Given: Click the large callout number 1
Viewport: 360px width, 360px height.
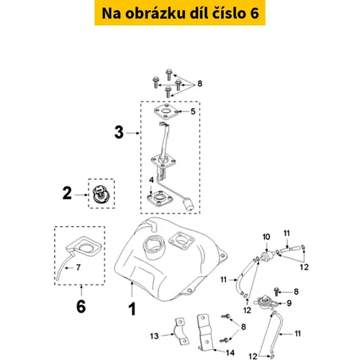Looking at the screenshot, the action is click(132, 309).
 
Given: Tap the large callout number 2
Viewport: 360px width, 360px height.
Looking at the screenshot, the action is click(67, 193).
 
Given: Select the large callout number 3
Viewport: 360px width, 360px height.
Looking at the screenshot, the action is click(119, 132).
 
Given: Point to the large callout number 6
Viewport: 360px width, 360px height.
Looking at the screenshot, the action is click(81, 307).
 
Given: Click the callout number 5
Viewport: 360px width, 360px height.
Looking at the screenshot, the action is click(193, 112).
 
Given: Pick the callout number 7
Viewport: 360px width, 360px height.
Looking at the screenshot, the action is click(78, 267).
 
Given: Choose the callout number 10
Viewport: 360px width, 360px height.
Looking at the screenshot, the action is click(266, 237).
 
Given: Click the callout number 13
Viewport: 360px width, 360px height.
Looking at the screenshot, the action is click(154, 336).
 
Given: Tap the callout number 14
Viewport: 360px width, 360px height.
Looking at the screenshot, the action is click(230, 353).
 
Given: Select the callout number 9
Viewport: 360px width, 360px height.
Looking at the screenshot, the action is click(289, 303).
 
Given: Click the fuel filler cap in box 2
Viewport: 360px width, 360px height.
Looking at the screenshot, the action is click(101, 194).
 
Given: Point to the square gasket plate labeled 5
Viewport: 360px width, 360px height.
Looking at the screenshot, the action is click(166, 111).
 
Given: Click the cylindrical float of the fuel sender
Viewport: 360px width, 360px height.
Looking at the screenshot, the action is click(189, 204).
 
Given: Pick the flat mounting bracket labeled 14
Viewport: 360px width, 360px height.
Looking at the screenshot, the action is click(205, 332).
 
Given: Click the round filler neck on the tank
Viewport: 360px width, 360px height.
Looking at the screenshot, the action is click(153, 247).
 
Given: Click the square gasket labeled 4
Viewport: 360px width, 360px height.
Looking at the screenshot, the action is click(160, 199).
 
